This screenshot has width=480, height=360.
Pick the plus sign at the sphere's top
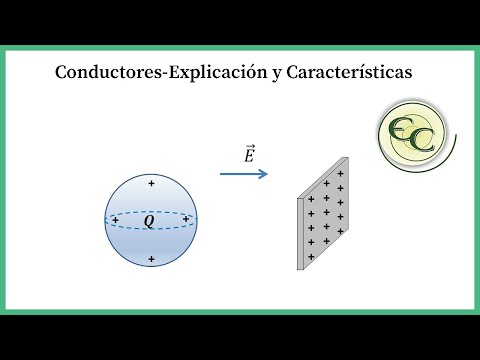point(151,184)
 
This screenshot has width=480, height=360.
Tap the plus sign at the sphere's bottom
point(151,260)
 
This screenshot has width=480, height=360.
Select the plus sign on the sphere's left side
point(115,219)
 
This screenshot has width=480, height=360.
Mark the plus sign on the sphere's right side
point(186,218)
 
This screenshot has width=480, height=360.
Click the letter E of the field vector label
point(248,157)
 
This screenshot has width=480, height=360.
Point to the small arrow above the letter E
point(248,147)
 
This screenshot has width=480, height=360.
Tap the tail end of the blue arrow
point(223,174)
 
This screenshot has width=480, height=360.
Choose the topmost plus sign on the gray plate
point(341,173)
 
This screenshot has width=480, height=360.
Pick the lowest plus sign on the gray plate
point(311,256)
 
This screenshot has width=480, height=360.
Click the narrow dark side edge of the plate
point(301,233)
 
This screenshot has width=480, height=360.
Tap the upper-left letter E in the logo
point(401,125)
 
